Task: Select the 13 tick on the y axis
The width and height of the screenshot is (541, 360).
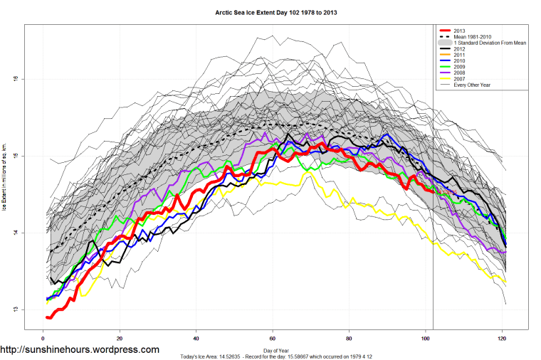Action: coord(16,309)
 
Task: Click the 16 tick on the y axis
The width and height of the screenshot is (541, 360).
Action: coord(16,78)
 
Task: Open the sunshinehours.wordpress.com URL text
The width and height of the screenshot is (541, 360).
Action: coord(80,350)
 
